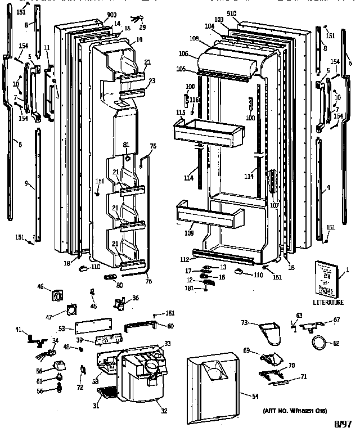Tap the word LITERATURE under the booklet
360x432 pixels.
tap(328, 302)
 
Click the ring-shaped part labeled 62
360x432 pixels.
tap(318, 341)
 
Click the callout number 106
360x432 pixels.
tap(183, 54)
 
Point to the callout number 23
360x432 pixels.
tap(151, 80)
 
